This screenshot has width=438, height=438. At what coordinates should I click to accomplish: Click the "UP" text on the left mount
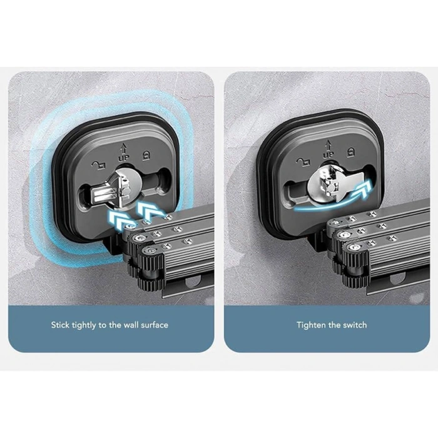124,158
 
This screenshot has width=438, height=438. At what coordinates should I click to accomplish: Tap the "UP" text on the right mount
328,155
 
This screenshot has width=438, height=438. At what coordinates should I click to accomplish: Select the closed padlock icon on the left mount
146,155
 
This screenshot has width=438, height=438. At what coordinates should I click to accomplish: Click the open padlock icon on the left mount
99,165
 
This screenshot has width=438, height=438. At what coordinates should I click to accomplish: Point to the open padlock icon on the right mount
303,161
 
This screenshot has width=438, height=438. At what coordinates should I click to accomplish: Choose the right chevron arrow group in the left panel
150,211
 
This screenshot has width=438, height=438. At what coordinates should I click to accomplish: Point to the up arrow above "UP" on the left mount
123,149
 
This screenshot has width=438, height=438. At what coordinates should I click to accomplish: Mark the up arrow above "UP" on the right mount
327,146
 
